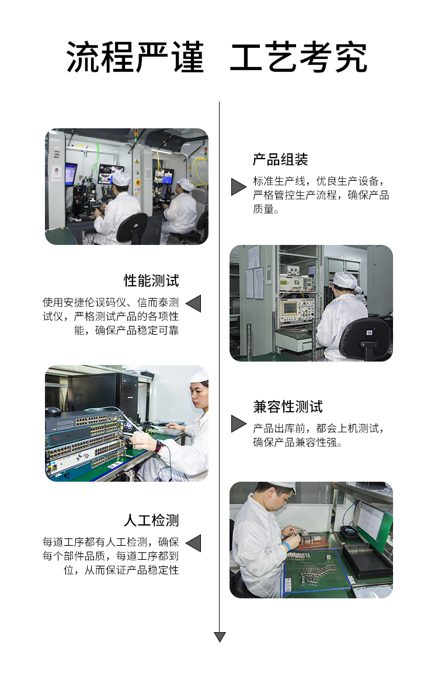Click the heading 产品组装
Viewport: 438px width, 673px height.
[280, 160]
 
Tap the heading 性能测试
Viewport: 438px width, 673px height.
[151, 281]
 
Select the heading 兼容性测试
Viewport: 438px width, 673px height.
[287, 406]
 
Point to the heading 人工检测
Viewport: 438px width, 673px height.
[151, 520]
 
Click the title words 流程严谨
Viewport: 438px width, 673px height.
[135, 58]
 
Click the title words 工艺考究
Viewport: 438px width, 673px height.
[299, 58]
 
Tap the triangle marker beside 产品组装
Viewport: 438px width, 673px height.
[238, 187]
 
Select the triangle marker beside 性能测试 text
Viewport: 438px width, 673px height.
[193, 303]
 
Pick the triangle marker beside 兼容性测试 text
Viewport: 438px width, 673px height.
[238, 423]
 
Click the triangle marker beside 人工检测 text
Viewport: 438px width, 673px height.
[193, 544]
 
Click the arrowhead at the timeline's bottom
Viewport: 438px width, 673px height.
[220, 637]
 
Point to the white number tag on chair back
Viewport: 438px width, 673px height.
[369, 332]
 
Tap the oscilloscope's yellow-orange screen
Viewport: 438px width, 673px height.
[290, 308]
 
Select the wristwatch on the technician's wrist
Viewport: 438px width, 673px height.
[159, 446]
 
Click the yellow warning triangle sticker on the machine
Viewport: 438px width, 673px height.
[137, 162]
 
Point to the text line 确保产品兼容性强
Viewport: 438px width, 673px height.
[297, 442]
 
